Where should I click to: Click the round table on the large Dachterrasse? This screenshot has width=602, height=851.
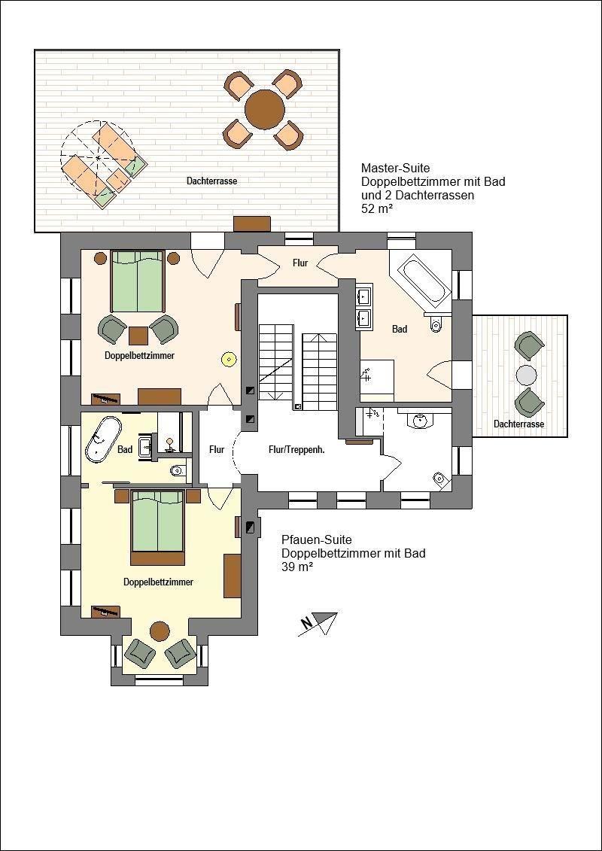pos(265,110)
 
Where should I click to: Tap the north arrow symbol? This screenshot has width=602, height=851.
pos(318,623)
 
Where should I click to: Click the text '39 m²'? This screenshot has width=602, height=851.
pos(297,567)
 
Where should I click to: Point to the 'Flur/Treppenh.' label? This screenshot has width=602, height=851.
pos(296,449)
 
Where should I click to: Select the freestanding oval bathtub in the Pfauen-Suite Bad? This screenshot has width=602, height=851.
pos(102,439)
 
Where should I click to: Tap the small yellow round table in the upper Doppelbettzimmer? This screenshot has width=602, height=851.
pos(229,358)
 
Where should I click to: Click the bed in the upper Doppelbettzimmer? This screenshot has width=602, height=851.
pos(138,281)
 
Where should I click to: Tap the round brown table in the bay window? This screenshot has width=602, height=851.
pos(160,631)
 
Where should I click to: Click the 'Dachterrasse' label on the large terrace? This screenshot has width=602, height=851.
pos(211,181)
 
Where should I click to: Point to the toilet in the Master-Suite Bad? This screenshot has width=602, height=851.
pos(436,324)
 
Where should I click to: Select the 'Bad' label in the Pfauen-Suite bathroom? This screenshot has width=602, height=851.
pos(125,449)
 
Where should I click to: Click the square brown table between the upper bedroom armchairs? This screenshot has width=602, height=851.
pos(138,336)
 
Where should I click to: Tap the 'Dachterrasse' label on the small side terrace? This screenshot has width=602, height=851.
pos(519,424)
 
